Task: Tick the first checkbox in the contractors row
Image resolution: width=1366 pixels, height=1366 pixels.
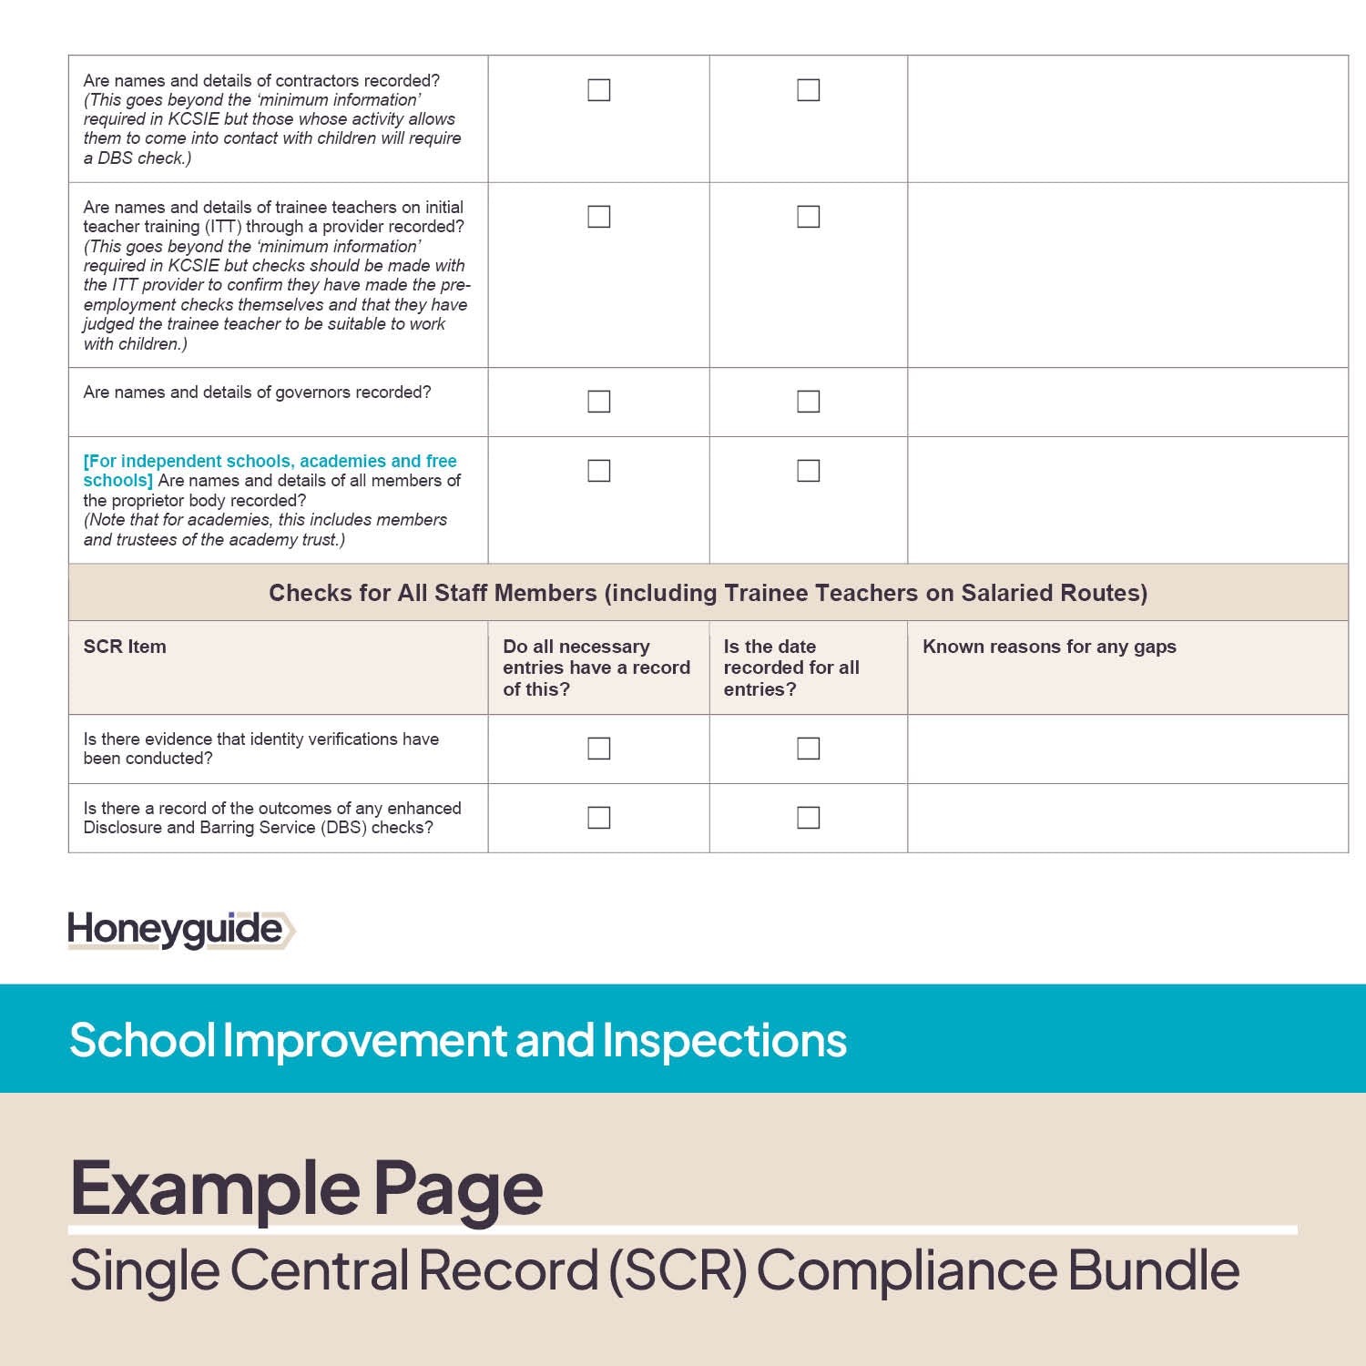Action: tap(598, 90)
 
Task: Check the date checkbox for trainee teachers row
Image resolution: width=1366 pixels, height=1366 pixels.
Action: tap(808, 217)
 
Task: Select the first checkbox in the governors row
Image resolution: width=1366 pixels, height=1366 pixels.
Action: tap(598, 402)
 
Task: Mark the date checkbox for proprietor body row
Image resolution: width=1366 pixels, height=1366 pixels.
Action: tap(808, 471)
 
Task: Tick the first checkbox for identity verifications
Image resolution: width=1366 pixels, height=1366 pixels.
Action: tap(598, 749)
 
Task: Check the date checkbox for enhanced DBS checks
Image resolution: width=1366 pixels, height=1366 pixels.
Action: tap(808, 818)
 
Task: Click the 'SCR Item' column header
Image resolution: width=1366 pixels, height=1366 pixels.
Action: tap(125, 647)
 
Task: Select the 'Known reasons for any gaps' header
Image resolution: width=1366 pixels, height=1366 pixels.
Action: tap(1049, 647)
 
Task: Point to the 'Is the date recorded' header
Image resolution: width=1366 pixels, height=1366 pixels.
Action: tap(790, 668)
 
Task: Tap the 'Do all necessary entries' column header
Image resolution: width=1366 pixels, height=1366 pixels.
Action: tap(596, 668)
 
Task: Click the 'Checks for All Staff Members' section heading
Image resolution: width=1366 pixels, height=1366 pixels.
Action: tap(708, 593)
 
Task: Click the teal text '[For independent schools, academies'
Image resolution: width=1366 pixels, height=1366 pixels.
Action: tap(270, 462)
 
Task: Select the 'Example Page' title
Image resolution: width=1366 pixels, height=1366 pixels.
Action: tap(306, 1188)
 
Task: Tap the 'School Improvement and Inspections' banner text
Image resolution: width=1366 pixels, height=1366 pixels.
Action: tap(458, 1040)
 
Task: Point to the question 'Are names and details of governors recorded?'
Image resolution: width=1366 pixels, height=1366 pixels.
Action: tap(257, 392)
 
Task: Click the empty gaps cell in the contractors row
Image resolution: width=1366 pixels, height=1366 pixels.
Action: tap(1127, 118)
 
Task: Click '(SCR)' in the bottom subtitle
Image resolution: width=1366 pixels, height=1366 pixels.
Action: tap(678, 1270)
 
